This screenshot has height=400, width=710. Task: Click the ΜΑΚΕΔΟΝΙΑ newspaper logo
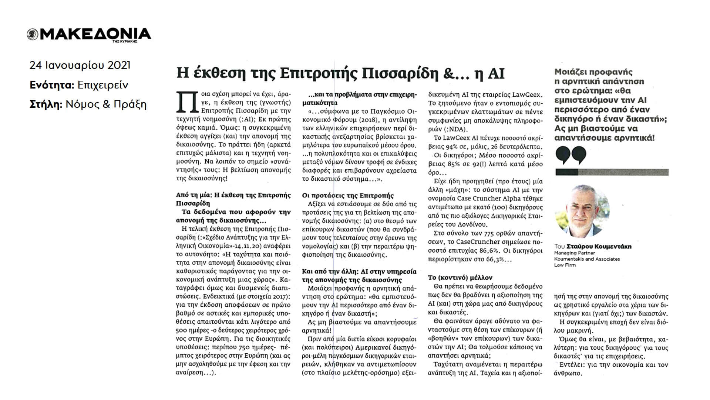click(x=89, y=34)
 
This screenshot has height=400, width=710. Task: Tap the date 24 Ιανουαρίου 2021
click(x=80, y=65)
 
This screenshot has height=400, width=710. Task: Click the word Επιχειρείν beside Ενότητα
click(x=103, y=85)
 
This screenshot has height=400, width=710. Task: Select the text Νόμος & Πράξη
click(x=106, y=104)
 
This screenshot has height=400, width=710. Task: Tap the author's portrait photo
click(x=582, y=211)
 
